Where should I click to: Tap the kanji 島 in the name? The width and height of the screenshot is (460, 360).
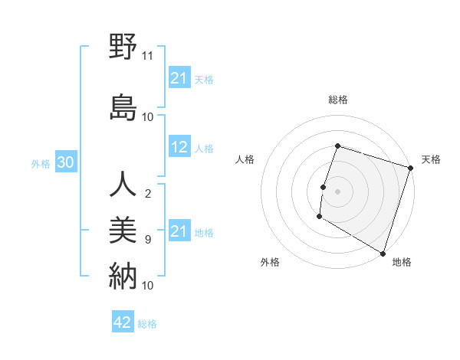pyautogui.click(x=123, y=107)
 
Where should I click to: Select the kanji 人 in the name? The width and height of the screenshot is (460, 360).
pyautogui.click(x=123, y=185)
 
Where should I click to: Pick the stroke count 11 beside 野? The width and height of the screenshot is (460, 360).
pyautogui.click(x=148, y=56)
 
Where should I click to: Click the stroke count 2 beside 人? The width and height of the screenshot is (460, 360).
pyautogui.click(x=148, y=193)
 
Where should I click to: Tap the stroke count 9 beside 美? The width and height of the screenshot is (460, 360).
pyautogui.click(x=148, y=240)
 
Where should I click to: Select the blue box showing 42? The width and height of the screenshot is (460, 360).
pyautogui.click(x=123, y=322)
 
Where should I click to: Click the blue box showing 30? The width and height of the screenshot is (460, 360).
pyautogui.click(x=66, y=162)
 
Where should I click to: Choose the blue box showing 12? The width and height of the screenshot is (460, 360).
pyautogui.click(x=179, y=148)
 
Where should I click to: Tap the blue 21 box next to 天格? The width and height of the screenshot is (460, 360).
pyautogui.click(x=179, y=78)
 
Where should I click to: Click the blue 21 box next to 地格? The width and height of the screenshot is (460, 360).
pyautogui.click(x=179, y=231)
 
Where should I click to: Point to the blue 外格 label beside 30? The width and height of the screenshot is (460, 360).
pyautogui.click(x=41, y=163)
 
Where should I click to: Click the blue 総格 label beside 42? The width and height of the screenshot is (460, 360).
pyautogui.click(x=147, y=324)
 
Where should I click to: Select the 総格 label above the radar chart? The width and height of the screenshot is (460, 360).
pyautogui.click(x=337, y=100)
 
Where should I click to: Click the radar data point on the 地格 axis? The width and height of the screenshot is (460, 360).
pyautogui.click(x=383, y=253)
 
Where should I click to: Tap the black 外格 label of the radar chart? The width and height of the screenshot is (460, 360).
pyautogui.click(x=270, y=263)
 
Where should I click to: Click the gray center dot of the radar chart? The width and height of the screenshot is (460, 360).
pyautogui.click(x=337, y=191)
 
